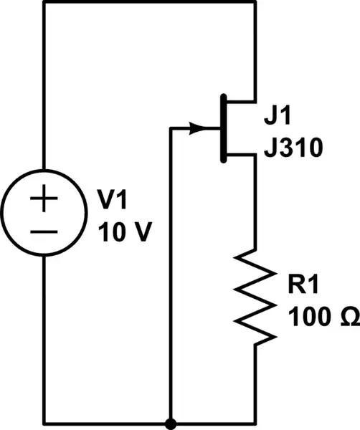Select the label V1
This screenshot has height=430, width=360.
[x=115, y=201]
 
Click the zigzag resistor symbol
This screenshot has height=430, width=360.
[x=255, y=294]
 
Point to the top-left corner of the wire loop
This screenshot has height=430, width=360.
[x=44, y=2]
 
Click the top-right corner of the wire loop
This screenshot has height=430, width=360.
[x=255, y=2]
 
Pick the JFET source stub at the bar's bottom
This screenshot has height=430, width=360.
[x=240, y=155]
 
